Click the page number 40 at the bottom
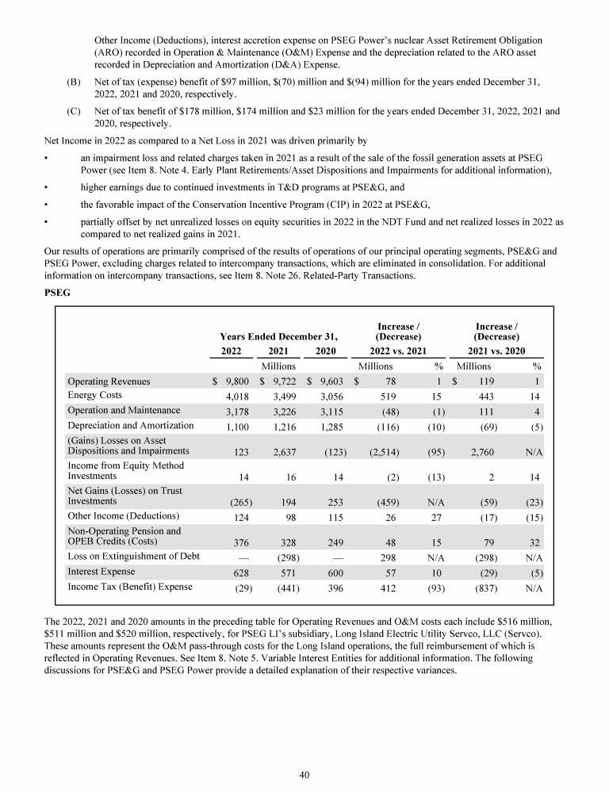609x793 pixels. tap(304, 776)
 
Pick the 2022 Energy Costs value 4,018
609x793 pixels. tap(239, 396)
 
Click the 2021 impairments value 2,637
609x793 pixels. tap(282, 451)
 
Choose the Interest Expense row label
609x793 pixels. tap(101, 571)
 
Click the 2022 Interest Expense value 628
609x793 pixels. tap(241, 572)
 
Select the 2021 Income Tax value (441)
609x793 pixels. tap(283, 588)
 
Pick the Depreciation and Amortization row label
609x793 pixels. tap(131, 425)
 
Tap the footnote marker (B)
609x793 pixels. tap(74, 81)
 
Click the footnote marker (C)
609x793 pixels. tap(74, 112)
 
